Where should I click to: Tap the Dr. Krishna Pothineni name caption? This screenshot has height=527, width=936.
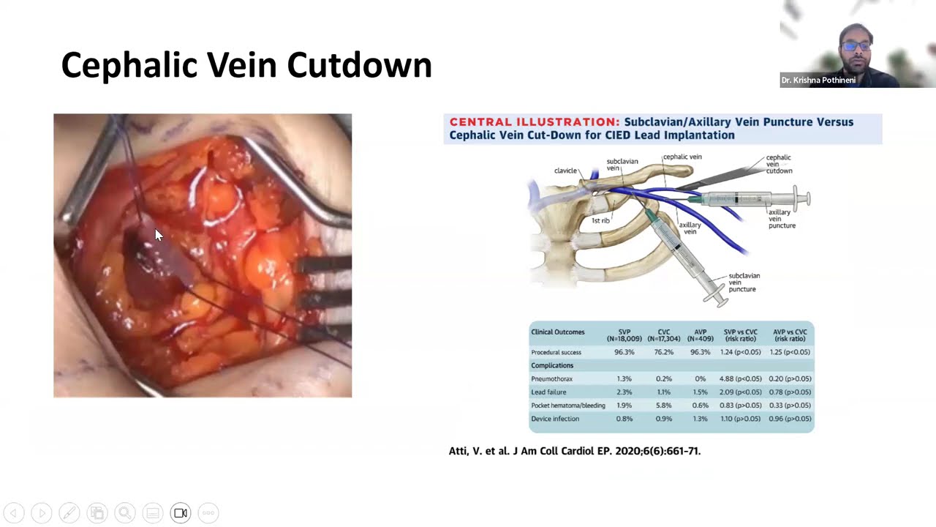(818, 81)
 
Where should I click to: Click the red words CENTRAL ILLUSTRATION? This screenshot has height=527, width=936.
(535, 122)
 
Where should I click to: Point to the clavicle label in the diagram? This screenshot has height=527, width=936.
(565, 171)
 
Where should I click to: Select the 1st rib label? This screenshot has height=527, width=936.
(600, 220)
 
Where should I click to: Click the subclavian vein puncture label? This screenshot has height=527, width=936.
(744, 283)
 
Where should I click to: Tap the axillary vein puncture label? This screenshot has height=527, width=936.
(782, 219)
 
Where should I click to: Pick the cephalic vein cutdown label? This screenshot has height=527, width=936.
(779, 164)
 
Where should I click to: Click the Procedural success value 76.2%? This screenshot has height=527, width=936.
(663, 352)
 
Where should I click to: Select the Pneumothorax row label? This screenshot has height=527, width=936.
(551, 379)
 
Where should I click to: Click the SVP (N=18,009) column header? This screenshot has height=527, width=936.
(624, 335)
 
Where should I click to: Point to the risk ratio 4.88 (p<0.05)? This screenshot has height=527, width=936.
(740, 379)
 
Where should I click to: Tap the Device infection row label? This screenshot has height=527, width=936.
(555, 419)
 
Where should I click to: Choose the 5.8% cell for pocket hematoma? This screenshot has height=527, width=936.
(663, 405)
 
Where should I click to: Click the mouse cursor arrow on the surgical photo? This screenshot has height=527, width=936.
(159, 234)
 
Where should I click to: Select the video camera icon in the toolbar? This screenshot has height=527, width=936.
(181, 513)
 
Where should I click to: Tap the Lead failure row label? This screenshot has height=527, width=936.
(548, 392)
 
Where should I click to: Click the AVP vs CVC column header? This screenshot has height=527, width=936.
(790, 335)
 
